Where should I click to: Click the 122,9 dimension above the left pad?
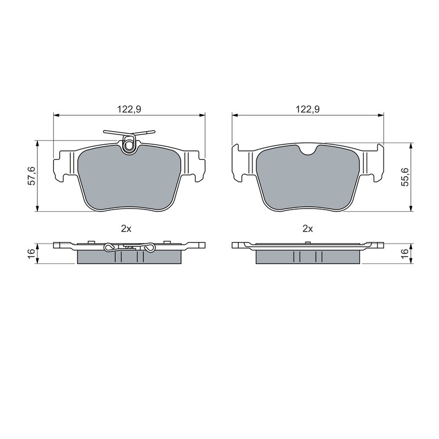click(x=129, y=109)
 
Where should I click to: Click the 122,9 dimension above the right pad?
click(x=308, y=109)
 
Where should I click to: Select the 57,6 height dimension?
click(x=32, y=176)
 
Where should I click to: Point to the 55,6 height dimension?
click(x=405, y=177)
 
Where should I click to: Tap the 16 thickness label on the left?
click(x=32, y=251)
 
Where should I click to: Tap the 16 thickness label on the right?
click(x=405, y=251)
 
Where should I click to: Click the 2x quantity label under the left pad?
click(x=126, y=229)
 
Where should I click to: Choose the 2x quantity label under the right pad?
click(x=308, y=229)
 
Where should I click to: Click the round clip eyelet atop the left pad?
click(x=129, y=145)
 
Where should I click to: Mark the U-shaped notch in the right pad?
click(x=308, y=150)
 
